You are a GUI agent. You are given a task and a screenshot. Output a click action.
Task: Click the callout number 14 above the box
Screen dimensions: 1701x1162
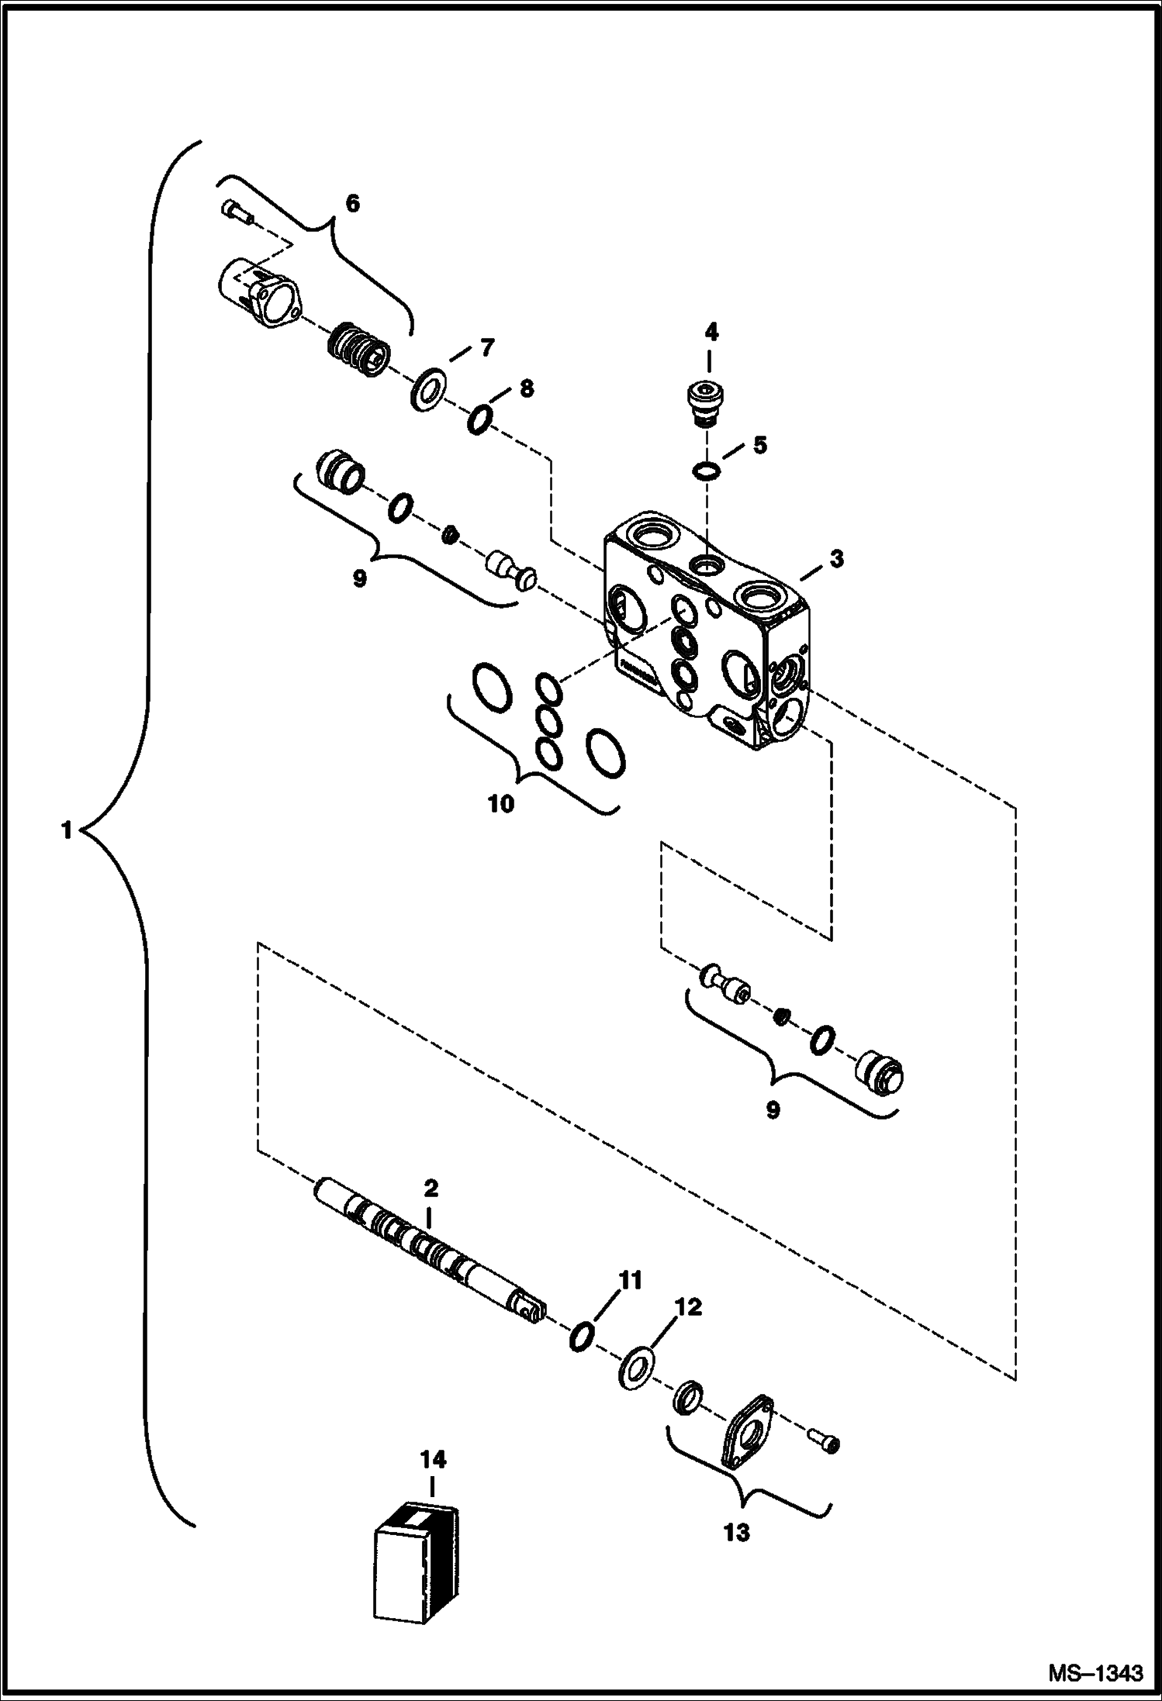(434, 1460)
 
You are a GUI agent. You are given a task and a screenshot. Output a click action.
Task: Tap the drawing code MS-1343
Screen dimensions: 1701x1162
(1095, 1672)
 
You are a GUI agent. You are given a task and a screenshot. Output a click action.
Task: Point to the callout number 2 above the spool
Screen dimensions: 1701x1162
(431, 1188)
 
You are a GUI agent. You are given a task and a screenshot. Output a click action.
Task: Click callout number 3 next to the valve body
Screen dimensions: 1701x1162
(835, 559)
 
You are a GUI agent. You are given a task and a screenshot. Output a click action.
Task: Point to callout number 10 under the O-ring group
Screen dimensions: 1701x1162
(501, 804)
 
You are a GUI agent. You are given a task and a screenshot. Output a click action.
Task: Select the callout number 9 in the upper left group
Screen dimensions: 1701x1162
(359, 578)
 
